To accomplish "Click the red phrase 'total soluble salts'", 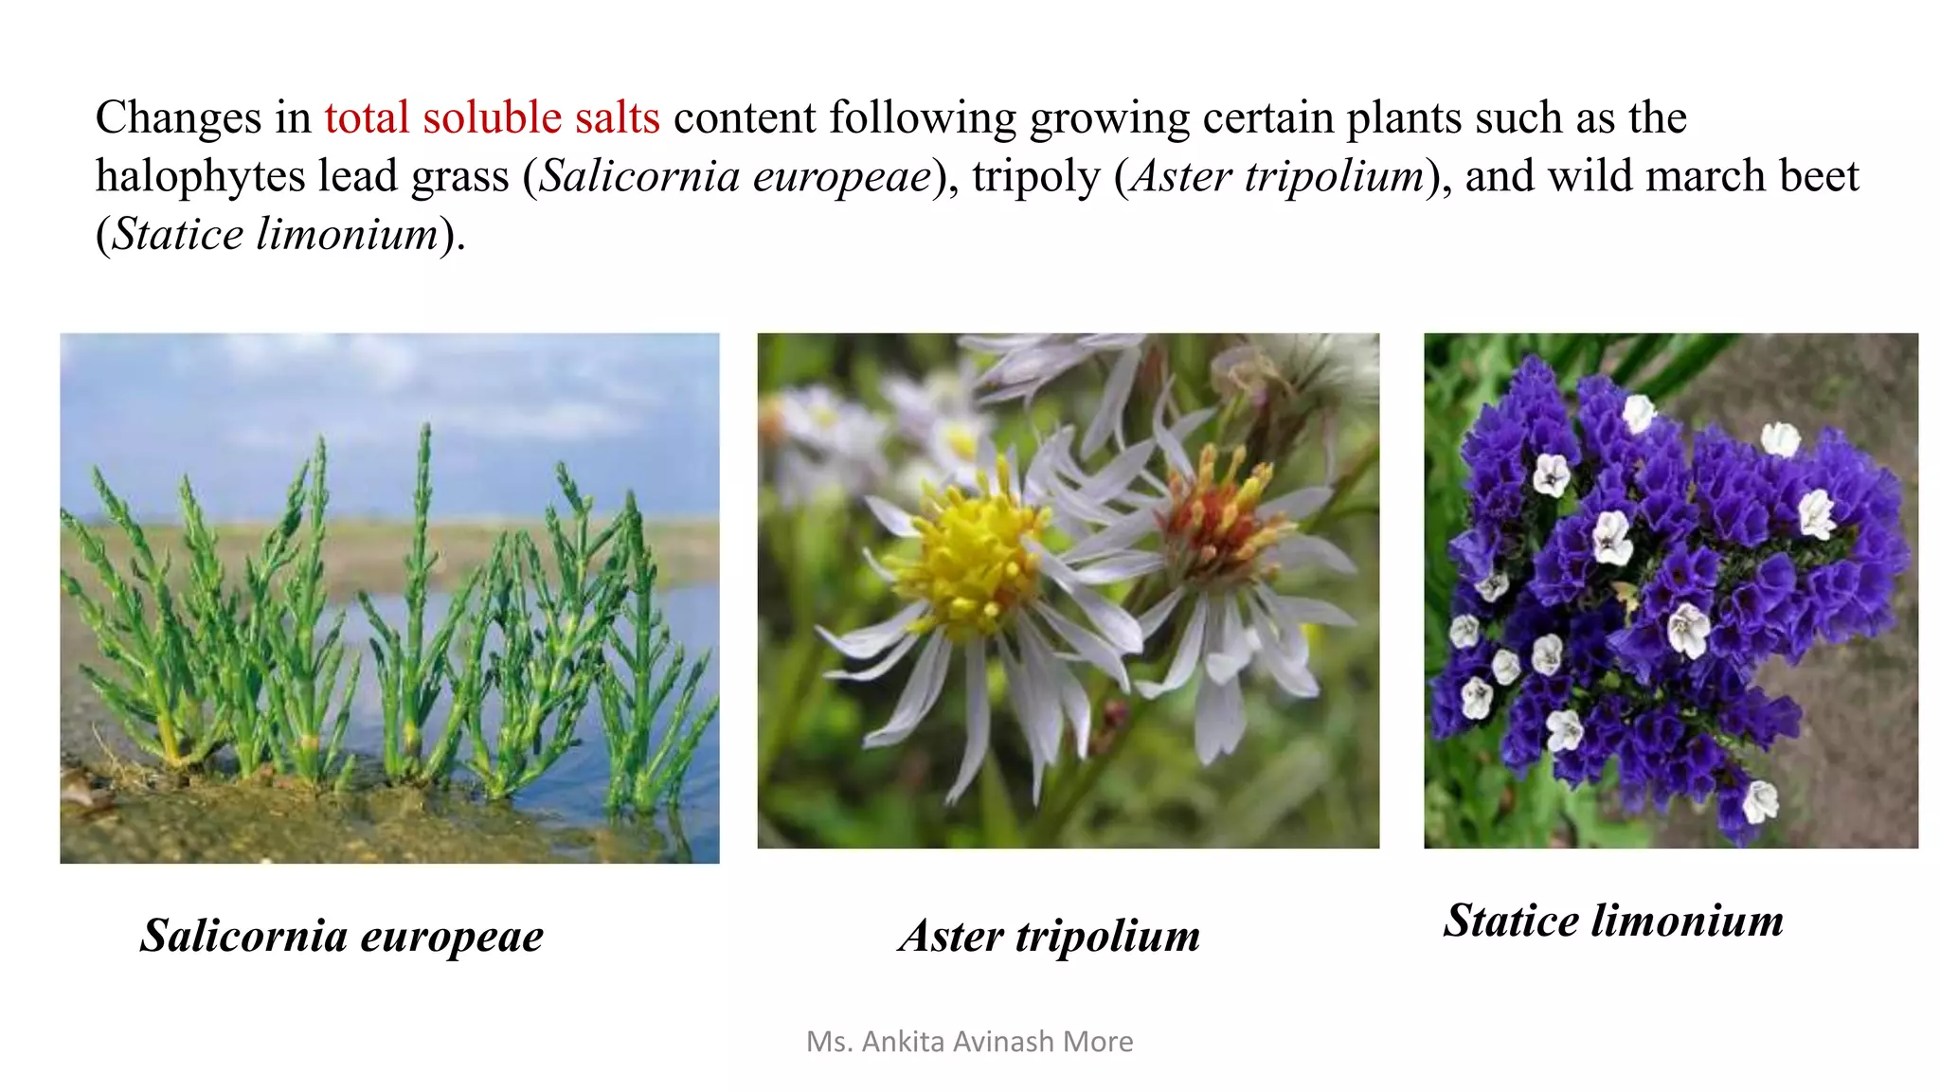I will [x=492, y=118].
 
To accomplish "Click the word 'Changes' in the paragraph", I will [x=178, y=118].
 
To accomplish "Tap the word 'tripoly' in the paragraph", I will [x=1035, y=177].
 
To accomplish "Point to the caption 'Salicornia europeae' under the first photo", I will [x=342, y=936].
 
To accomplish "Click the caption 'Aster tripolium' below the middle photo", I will [x=1050, y=936].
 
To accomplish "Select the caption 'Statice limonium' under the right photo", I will [x=1613, y=921].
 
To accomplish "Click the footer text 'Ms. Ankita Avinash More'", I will [x=969, y=1042].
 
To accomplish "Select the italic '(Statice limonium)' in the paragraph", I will [x=280, y=235].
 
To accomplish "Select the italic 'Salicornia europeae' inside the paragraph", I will [x=735, y=177].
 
